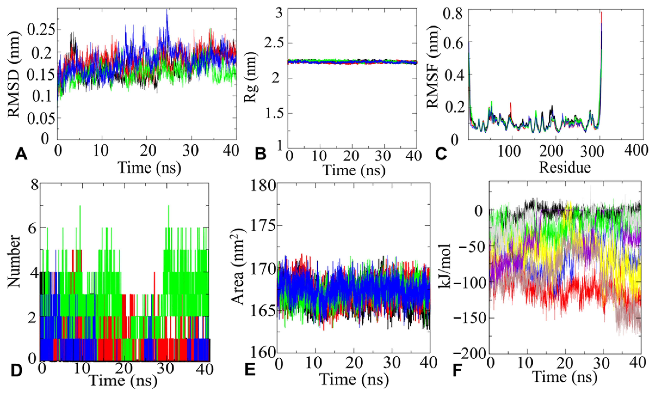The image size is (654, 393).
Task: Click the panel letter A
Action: (21, 154)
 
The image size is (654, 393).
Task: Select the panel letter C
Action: (440, 154)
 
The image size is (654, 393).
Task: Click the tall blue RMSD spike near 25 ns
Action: (167, 12)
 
